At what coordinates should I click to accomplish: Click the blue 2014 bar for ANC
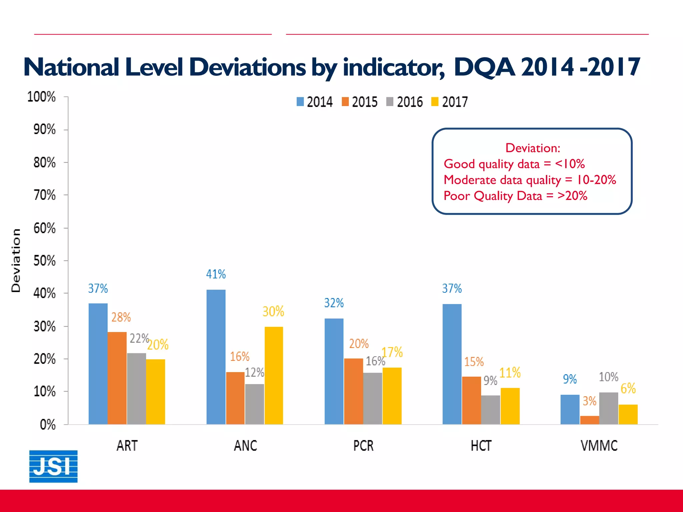[x=216, y=357]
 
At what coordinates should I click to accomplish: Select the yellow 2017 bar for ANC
[x=273, y=375]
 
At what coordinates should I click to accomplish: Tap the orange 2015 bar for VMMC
[x=589, y=420]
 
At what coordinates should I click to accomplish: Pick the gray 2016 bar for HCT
[x=491, y=410]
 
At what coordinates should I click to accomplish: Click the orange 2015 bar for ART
[x=117, y=378]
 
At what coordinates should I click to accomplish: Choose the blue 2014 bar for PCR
[x=334, y=371]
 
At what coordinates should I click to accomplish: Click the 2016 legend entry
[x=404, y=102]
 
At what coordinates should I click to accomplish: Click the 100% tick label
[x=41, y=97]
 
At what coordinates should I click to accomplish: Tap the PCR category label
[x=363, y=446]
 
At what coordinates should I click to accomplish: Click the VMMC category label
[x=599, y=446]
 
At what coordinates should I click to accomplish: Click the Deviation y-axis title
[x=16, y=260]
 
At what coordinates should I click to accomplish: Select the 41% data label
[x=216, y=274]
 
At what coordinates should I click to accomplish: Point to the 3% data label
[x=589, y=401]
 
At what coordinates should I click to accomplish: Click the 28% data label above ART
[x=121, y=317]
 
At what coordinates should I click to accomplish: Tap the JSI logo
[x=53, y=466]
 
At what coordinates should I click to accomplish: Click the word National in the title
[x=71, y=67]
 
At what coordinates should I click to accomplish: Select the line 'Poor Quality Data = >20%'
[x=515, y=196]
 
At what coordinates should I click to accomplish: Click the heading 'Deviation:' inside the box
[x=533, y=148]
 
